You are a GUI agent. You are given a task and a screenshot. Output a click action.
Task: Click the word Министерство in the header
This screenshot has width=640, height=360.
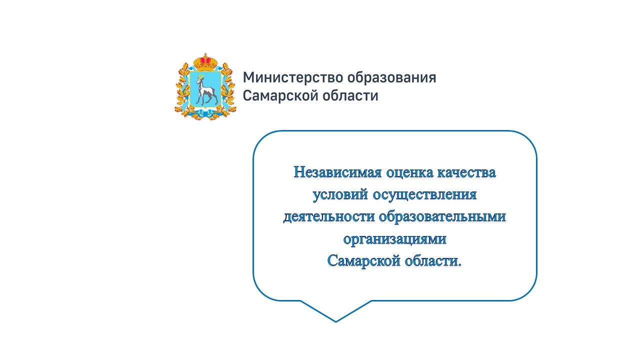[293, 77]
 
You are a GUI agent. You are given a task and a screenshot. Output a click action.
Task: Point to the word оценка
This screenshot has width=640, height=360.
[409, 172]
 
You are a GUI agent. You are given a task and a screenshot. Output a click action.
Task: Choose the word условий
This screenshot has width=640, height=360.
[340, 195]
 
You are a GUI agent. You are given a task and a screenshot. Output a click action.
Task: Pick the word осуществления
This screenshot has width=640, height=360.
[424, 195]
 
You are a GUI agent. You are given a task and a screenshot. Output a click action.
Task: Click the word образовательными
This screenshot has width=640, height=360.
[442, 217]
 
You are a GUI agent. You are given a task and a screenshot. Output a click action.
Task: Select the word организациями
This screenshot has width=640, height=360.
[394, 239]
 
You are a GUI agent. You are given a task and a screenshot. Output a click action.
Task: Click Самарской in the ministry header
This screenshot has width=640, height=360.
[280, 95]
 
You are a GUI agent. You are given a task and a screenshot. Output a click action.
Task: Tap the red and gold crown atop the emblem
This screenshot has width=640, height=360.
[205, 62]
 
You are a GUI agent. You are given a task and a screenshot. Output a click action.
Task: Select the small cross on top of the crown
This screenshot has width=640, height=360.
[205, 54]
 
